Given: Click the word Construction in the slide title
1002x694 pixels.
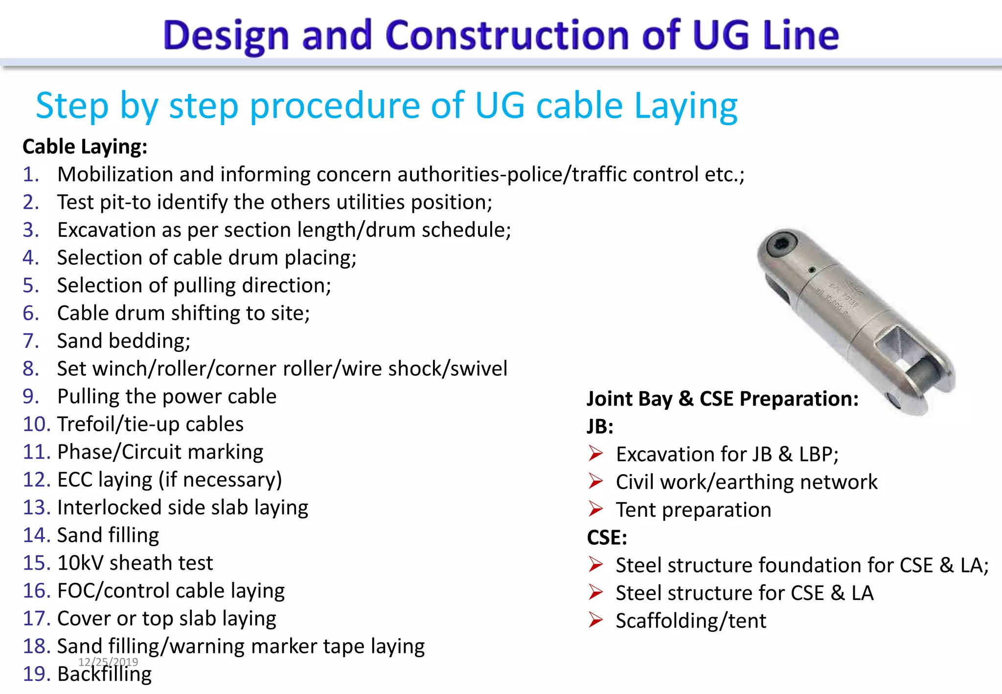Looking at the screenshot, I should [507, 35].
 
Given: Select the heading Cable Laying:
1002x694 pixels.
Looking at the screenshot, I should [85, 147].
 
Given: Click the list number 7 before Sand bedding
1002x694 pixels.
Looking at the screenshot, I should [30, 341].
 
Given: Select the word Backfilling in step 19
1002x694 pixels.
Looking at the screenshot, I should [104, 674].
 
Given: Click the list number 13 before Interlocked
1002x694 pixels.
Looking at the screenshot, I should [37, 508].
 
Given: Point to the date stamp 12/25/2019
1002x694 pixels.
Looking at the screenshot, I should [108, 662].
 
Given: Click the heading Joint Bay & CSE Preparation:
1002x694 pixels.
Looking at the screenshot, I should [722, 399].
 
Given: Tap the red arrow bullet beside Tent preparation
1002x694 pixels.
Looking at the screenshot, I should [595, 509].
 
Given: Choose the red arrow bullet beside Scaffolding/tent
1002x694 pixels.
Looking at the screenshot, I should [595, 620].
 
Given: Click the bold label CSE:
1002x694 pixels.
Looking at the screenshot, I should [607, 537].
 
